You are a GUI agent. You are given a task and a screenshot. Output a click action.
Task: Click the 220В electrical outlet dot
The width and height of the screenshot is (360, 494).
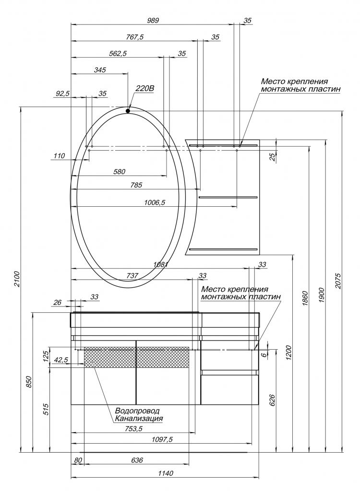pos(128,111)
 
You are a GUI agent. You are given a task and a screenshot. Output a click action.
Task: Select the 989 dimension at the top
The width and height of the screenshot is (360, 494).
pos(153,21)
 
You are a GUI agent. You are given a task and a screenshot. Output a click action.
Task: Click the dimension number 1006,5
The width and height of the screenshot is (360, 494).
pos(155,202)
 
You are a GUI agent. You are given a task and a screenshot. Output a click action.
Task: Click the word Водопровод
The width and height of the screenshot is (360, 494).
pos(137,411)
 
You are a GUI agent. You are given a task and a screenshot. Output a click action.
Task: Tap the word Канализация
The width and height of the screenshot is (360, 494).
pos(139,419)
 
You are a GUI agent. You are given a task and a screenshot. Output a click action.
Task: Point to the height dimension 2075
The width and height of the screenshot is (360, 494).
pos(339,281)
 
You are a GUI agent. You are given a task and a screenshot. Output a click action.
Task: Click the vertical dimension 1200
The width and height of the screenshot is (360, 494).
pos(290,352)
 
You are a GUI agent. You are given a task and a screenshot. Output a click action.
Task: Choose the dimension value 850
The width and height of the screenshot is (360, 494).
pos(29,381)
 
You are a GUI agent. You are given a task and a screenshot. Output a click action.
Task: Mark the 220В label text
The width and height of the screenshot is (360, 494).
pos(144,89)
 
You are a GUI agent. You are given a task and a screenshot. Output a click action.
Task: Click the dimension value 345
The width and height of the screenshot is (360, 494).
pos(100,70)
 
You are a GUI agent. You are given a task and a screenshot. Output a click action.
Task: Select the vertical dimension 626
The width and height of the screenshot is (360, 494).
pos(273,400)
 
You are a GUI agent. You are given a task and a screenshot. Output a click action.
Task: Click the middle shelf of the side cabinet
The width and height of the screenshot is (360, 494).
pos(228,197)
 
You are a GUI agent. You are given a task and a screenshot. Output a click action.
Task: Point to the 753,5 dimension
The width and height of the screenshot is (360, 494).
pos(134,429)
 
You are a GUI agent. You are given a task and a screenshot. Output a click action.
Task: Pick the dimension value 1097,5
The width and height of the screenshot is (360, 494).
pos(163,440)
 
